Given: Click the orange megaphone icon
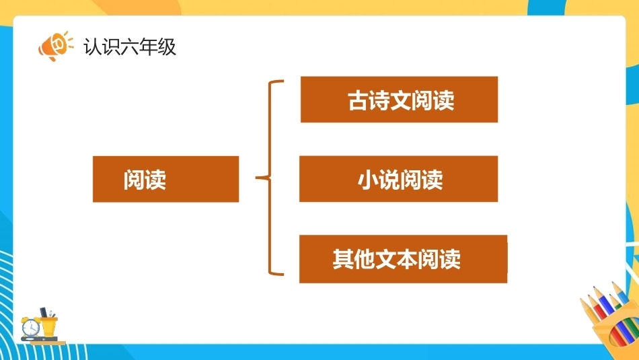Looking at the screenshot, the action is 55,46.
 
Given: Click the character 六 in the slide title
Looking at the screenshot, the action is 130,46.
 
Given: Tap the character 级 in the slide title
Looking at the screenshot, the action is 167,46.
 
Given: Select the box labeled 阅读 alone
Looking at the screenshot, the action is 166,179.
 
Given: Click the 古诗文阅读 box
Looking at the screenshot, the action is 399,100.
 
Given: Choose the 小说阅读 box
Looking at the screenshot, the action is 399,178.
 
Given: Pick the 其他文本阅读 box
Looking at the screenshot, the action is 404,259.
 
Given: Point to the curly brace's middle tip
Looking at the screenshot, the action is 256,178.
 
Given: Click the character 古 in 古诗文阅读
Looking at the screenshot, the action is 359,100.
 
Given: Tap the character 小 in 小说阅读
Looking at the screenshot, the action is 368,180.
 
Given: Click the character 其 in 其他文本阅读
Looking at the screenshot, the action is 343,259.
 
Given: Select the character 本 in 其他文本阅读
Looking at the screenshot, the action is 407,259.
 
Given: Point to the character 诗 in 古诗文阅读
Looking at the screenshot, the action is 379,100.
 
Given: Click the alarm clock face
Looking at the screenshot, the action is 30,327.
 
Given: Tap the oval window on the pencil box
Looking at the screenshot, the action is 617,336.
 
